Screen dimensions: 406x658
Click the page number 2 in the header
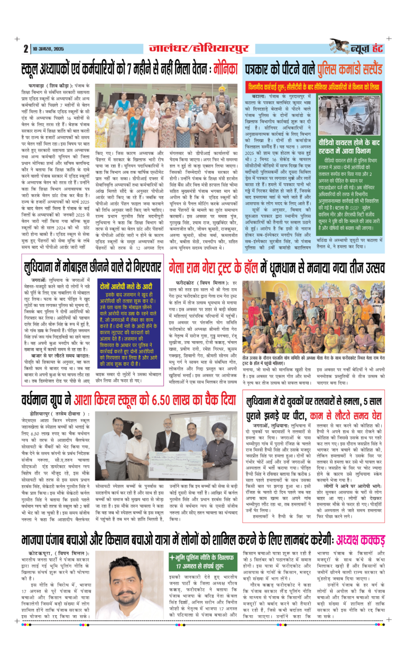pos(25,48)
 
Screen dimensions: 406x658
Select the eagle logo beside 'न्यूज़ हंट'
pos(340,46)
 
